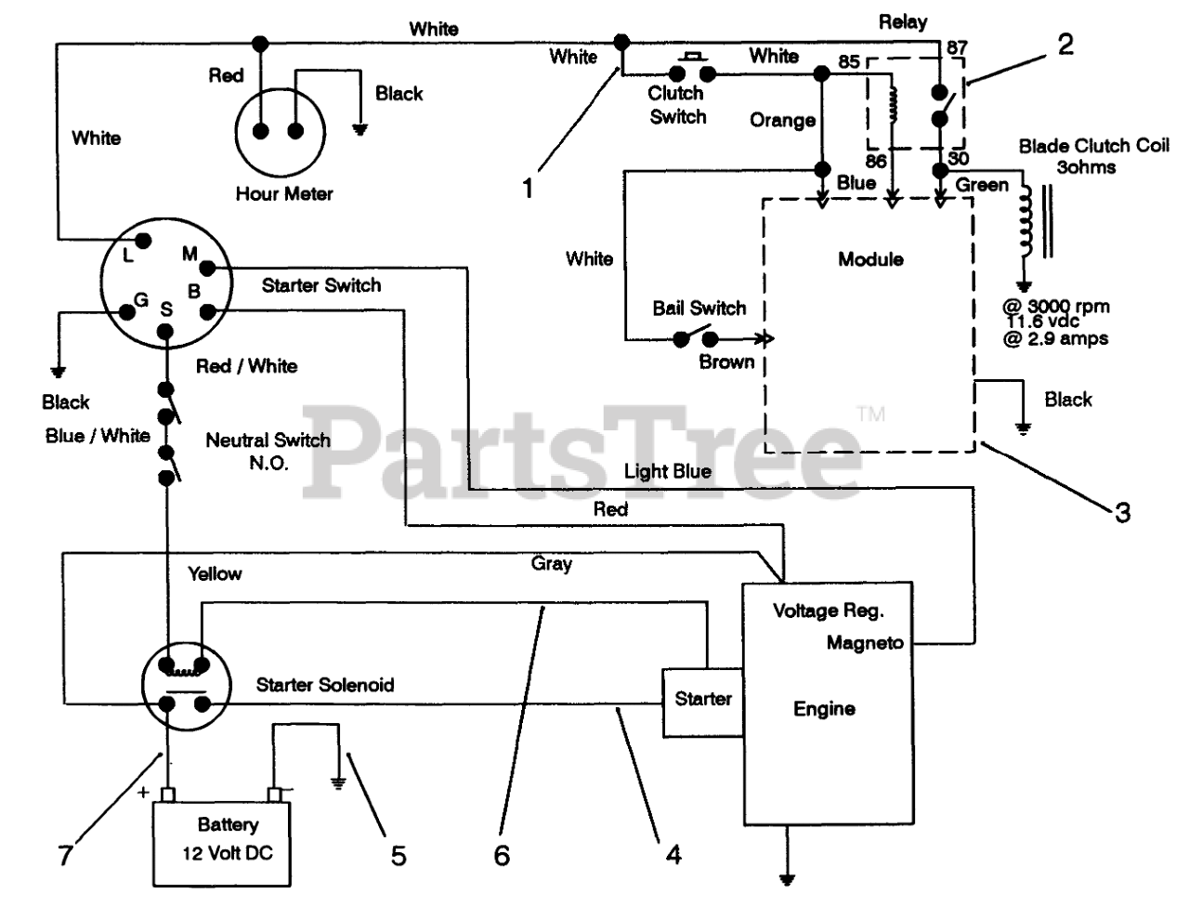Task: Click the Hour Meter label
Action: (x=284, y=194)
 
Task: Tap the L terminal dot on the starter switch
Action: (x=143, y=241)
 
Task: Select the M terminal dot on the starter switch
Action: (x=207, y=268)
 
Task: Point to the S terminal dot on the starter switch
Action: (x=165, y=331)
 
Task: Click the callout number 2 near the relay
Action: (x=1065, y=45)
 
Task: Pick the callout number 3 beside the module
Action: (x=1122, y=512)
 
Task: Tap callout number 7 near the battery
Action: (x=66, y=855)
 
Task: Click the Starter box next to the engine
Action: (x=703, y=703)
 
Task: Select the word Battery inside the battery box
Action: (x=229, y=824)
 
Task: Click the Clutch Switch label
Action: (x=677, y=105)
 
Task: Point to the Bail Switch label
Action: (x=699, y=309)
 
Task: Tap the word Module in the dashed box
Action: (x=870, y=259)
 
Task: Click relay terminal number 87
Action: (x=957, y=47)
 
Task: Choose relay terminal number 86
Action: (x=876, y=161)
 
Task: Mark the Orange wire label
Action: (x=782, y=120)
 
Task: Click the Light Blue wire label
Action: (x=667, y=471)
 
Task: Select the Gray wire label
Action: (x=552, y=564)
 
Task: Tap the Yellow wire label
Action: (x=215, y=573)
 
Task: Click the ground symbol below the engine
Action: (x=787, y=879)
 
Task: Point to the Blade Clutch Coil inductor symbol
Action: (x=1026, y=221)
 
